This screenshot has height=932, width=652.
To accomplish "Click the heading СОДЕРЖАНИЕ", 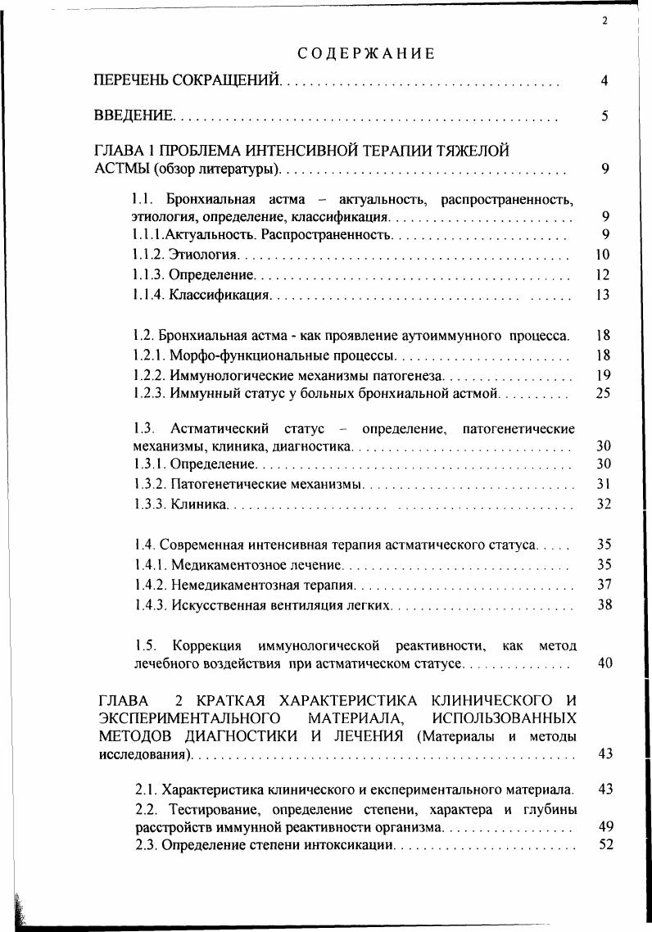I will (365, 54).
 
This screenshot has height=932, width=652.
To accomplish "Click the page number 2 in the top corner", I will (604, 22).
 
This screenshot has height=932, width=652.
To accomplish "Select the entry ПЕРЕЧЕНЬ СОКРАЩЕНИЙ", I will (188, 81).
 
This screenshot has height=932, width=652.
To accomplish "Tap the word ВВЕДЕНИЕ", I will (134, 116).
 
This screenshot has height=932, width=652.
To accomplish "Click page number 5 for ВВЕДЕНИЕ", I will (604, 116).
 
